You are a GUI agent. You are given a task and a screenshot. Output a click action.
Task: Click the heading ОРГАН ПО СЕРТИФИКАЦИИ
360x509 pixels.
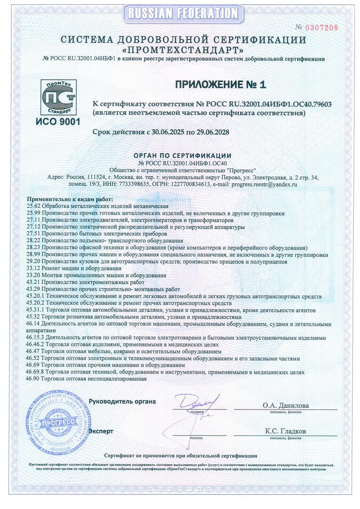pos(182,156)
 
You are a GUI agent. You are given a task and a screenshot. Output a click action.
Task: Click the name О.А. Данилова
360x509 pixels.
pos(286,405)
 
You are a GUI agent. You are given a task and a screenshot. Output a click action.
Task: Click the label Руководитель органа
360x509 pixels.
pos(122,402)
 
